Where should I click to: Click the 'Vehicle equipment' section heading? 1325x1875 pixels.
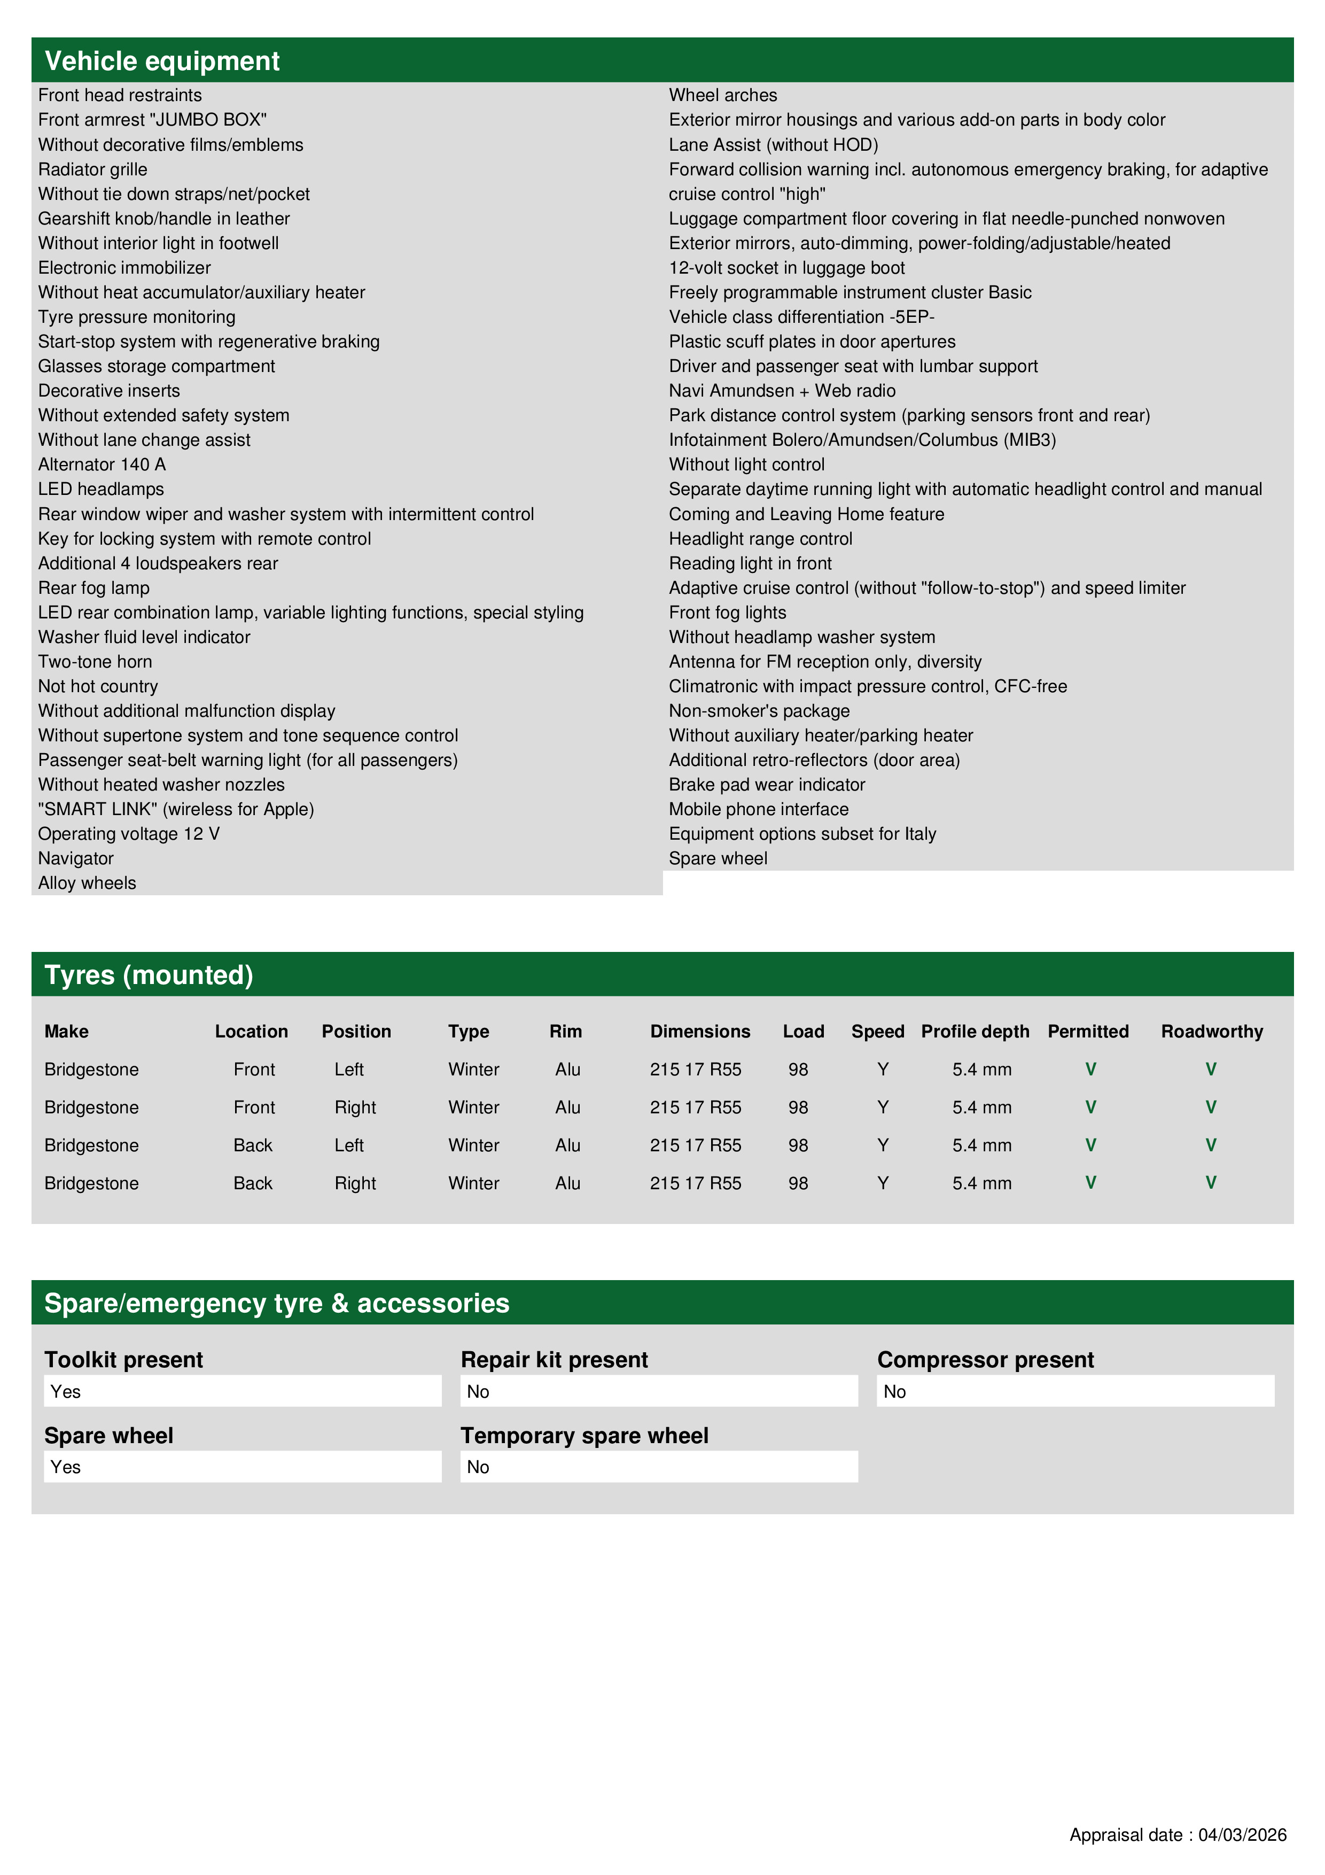pos(162,61)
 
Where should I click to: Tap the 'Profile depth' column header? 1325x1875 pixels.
pos(975,1032)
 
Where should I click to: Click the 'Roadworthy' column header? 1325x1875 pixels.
pos(1212,1032)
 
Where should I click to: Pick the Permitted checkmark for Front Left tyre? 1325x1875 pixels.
pos(1090,1069)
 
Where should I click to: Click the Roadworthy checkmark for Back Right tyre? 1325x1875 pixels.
pos(1211,1182)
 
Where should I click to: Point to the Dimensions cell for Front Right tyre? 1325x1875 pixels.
pos(696,1107)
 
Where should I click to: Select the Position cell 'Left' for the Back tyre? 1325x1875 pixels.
pos(348,1145)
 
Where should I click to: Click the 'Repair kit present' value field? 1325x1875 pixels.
pos(659,1391)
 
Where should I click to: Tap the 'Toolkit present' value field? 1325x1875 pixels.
pos(243,1391)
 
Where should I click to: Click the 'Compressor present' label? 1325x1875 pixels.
pos(985,1360)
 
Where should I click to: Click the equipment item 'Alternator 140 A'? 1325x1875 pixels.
pos(102,464)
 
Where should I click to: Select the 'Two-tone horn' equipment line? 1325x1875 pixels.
pos(95,662)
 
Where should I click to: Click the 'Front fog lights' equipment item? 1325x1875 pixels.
pos(727,613)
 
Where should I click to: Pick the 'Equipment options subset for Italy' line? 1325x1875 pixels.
pos(802,834)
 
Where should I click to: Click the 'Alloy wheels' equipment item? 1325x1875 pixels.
pos(87,883)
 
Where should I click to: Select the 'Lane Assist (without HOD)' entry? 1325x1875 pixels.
pos(773,144)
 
